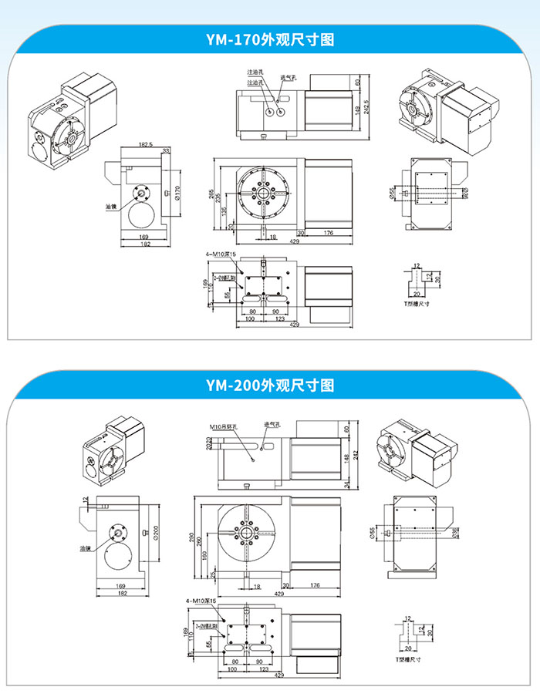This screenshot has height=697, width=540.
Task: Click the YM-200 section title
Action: pos(269,384)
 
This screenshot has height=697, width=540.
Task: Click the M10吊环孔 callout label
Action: pos(224,425)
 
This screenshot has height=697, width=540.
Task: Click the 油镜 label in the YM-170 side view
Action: pos(110,207)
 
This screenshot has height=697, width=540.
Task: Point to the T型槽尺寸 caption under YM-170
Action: pos(417,303)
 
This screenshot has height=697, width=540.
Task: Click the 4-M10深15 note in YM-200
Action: pos(201,599)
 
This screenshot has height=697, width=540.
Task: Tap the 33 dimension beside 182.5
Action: pos(166,150)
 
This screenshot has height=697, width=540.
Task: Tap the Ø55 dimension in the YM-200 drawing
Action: pos(374,531)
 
